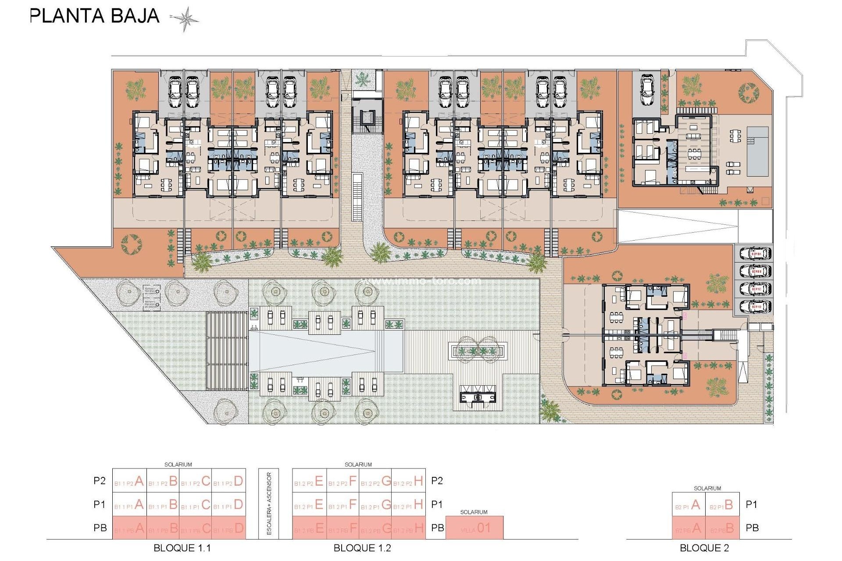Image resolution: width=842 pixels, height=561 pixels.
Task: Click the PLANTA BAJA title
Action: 94,16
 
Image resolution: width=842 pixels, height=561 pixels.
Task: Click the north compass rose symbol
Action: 185,19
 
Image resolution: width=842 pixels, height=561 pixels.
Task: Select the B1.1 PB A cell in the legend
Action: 129,528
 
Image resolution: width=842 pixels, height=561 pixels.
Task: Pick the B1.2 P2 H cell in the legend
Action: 408,481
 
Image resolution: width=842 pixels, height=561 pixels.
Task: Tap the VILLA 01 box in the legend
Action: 475,528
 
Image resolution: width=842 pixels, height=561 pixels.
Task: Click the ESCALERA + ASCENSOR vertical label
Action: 269,504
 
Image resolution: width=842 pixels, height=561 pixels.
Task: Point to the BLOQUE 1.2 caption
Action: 362,548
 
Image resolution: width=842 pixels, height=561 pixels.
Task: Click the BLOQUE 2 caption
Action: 704,548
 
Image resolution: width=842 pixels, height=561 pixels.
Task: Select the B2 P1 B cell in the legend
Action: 722,505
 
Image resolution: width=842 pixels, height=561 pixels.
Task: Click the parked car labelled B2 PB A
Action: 755,253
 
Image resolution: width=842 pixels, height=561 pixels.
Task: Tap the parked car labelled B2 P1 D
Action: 755,306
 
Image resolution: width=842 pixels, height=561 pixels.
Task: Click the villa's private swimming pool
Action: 757,151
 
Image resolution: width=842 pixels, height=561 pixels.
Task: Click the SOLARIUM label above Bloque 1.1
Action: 178,465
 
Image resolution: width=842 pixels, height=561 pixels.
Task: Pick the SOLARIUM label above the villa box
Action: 474,512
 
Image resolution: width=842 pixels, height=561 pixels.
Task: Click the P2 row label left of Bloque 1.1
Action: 100,481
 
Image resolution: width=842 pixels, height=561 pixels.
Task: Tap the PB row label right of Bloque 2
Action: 752,528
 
